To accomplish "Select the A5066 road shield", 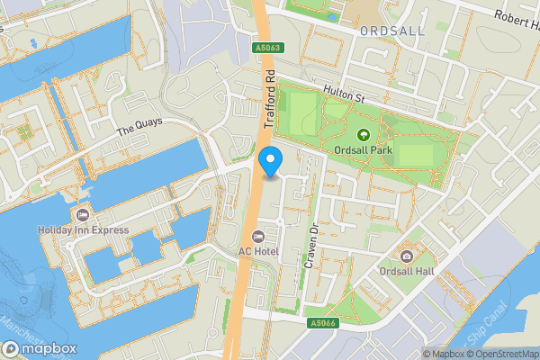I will pos(320,322).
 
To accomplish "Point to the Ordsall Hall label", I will pos(408,273).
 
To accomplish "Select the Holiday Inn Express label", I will pos(83,230).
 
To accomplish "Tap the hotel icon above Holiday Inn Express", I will pos(83,214).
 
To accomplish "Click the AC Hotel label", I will pos(258,251).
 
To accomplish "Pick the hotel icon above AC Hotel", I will pos(258,236).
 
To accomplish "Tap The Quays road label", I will pos(137,130).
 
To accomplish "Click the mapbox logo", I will pos(40,348).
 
